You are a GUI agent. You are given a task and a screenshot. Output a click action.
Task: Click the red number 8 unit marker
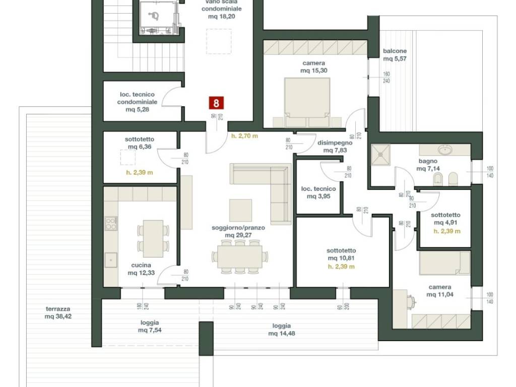(x=216, y=103)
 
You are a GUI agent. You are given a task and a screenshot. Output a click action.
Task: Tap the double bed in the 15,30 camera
(x=307, y=102)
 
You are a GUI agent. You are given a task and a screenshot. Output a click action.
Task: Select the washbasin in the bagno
(x=445, y=150)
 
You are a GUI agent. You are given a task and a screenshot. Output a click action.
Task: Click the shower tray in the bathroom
(x=381, y=154)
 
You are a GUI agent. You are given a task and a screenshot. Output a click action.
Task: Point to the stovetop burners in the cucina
(x=111, y=223)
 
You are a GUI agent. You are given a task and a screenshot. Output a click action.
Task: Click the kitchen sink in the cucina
(x=111, y=260)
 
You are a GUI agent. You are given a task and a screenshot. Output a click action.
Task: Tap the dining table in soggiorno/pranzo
(x=240, y=256)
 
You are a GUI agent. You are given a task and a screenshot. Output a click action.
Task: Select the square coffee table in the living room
(x=240, y=210)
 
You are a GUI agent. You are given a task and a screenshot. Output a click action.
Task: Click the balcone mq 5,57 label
(x=395, y=55)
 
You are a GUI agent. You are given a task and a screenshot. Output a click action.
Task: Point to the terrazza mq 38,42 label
(x=58, y=312)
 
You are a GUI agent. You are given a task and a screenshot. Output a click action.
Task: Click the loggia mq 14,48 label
(x=281, y=330)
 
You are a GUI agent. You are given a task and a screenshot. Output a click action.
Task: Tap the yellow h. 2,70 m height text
(x=244, y=136)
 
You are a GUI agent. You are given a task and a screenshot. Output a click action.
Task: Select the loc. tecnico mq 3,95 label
(x=318, y=192)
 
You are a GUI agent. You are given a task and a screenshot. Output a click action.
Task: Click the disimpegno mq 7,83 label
(x=335, y=147)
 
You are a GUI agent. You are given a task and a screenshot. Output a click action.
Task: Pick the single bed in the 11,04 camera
(x=444, y=263)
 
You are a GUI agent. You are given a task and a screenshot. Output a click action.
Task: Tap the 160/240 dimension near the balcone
(x=386, y=78)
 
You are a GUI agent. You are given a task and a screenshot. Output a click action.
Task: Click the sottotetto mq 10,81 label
(x=341, y=254)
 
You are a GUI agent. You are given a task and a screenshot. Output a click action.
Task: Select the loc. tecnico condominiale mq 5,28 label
(x=137, y=102)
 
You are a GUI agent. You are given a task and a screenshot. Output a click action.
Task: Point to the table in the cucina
(x=153, y=238)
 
